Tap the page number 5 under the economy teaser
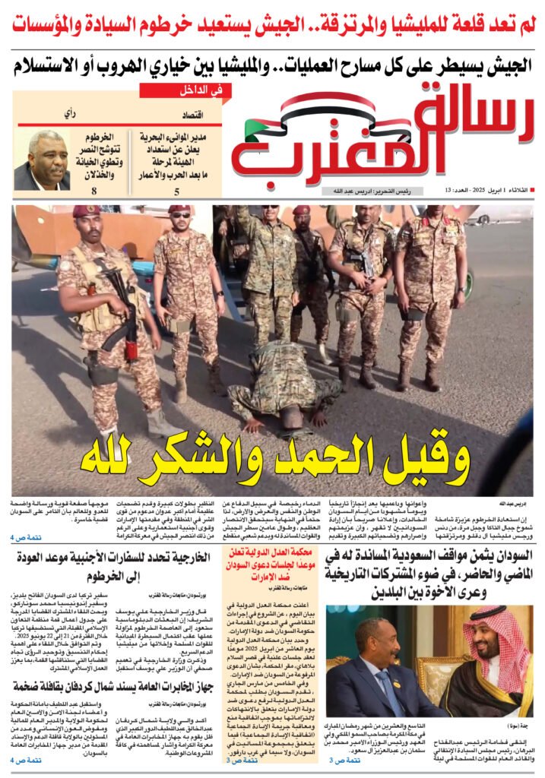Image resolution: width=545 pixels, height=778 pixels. pos(176,192)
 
